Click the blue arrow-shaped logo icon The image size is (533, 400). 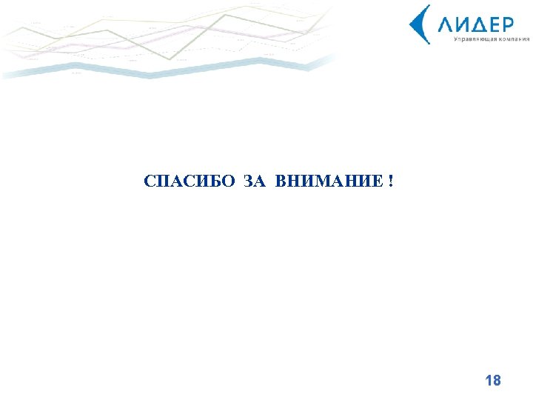coord(420,24)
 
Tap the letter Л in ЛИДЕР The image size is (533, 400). coord(446,25)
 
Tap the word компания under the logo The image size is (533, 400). coord(510,39)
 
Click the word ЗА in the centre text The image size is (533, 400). coord(252,181)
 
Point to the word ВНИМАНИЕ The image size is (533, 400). coord(327,181)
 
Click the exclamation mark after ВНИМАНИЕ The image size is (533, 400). coord(390,181)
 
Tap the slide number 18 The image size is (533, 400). coord(492,381)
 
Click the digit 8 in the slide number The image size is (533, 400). coord(497,381)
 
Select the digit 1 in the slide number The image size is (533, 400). coord(488,381)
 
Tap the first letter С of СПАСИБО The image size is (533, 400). coord(150,181)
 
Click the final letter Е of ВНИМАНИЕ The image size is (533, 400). coord(378,181)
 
